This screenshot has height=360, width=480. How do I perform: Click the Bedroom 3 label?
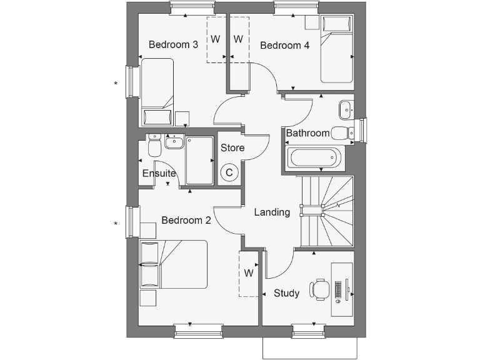174,45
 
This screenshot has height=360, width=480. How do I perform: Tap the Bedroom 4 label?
284,45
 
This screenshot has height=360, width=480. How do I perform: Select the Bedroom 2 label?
186,220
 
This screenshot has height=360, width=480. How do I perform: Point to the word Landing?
272,212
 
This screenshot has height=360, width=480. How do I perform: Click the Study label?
286,293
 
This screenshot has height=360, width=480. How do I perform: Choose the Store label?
232,148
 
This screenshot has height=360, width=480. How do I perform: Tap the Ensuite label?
159,173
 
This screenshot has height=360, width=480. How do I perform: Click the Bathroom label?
307,133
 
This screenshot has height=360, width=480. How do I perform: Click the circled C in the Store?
229,172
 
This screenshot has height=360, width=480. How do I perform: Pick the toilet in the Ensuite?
154,147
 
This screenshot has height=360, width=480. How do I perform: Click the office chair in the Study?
321,289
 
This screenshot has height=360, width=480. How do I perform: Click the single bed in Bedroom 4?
337,50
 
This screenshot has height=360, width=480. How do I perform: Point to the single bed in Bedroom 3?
157,91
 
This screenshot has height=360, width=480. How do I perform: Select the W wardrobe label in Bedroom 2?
248,273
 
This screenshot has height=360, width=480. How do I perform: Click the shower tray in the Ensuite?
199,161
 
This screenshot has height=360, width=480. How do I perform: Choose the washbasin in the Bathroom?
346,111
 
